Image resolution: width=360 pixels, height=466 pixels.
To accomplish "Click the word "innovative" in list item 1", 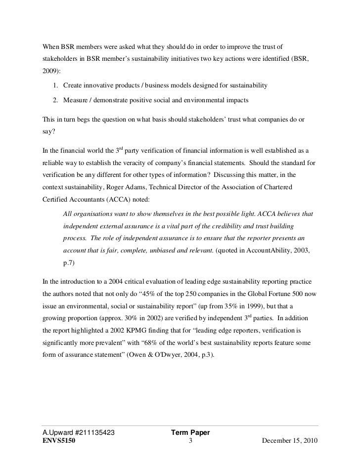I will click(x=103, y=85).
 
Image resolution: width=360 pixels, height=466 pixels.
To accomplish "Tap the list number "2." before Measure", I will click(x=56, y=101).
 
